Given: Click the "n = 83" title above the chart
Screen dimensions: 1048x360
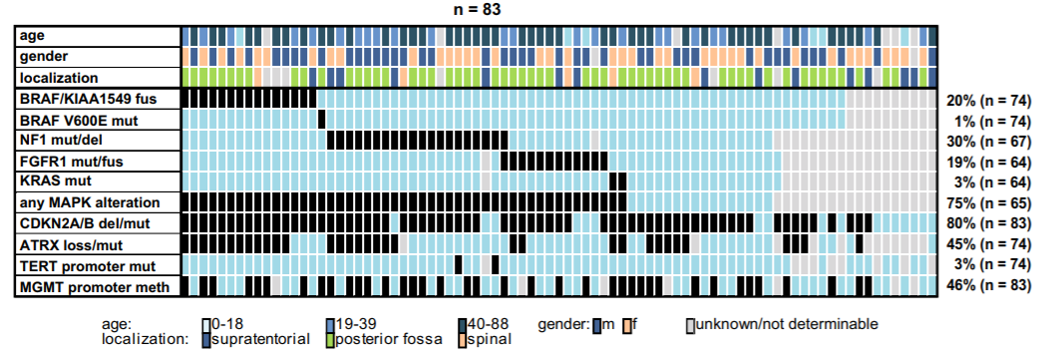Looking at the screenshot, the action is [x=477, y=10].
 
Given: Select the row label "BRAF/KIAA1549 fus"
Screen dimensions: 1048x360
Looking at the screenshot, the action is [x=88, y=99].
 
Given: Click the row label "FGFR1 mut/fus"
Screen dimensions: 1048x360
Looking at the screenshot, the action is [x=71, y=161].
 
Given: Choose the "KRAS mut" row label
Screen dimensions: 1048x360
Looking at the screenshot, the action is [x=56, y=181].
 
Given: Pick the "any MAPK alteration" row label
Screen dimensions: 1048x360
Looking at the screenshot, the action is [x=90, y=201].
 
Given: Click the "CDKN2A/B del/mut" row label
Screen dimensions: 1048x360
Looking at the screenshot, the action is [x=82, y=222].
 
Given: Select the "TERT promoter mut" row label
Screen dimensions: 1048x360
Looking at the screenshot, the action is [x=88, y=266].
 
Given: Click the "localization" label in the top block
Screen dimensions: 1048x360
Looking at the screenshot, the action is [x=59, y=78].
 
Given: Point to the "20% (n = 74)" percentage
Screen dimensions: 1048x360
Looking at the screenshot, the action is [x=989, y=101].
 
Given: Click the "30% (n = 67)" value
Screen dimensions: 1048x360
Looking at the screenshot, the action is [x=989, y=142].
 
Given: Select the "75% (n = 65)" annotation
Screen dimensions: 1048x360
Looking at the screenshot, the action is [x=989, y=203].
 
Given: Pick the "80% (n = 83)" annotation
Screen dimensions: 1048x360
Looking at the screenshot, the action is [x=989, y=223].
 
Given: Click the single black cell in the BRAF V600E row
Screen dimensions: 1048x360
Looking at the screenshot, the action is [x=321, y=120].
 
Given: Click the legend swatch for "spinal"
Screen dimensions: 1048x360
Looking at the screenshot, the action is [x=463, y=339].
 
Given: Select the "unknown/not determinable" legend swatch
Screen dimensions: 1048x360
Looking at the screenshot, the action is [x=690, y=325].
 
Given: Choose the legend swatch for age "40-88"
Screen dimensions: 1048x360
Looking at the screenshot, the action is [x=463, y=325].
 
